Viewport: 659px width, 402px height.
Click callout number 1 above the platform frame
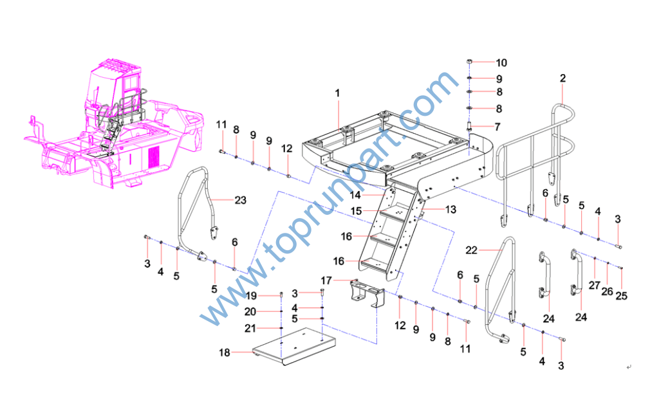click(x=337, y=93)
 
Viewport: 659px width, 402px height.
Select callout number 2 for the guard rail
click(x=562, y=78)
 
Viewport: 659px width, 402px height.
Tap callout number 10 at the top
click(x=501, y=62)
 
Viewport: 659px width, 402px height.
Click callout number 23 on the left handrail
click(x=240, y=200)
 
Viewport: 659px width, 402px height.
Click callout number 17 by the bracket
click(x=326, y=280)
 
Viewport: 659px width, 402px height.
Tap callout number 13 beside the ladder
click(x=450, y=209)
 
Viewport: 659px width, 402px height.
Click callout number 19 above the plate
click(x=251, y=296)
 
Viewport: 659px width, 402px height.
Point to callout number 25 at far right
click(x=621, y=296)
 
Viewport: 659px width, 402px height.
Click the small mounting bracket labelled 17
click(x=366, y=297)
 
